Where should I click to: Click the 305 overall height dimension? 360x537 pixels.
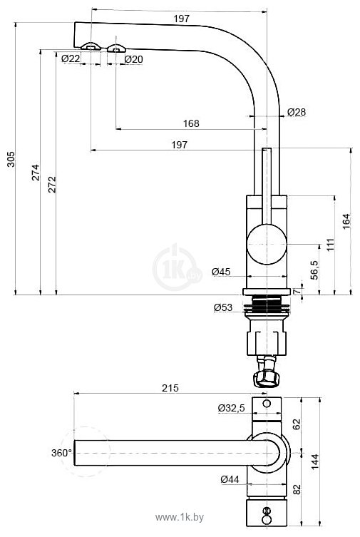pyautogui.click(x=11, y=159)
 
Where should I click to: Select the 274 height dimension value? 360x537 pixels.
pyautogui.click(x=36, y=173)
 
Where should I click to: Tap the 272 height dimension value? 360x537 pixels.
pyautogui.click(x=51, y=185)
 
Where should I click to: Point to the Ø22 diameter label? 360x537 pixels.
pyautogui.click(x=71, y=59)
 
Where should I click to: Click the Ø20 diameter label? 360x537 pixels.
pyautogui.click(x=133, y=59)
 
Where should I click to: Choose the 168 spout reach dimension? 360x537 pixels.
pyautogui.click(x=191, y=123)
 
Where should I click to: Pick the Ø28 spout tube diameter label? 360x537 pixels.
pyautogui.click(x=297, y=112)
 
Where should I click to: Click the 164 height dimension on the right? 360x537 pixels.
pyautogui.click(x=346, y=221)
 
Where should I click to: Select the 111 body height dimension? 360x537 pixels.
pyautogui.click(x=330, y=245)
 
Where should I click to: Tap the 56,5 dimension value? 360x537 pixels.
pyautogui.click(x=314, y=270)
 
